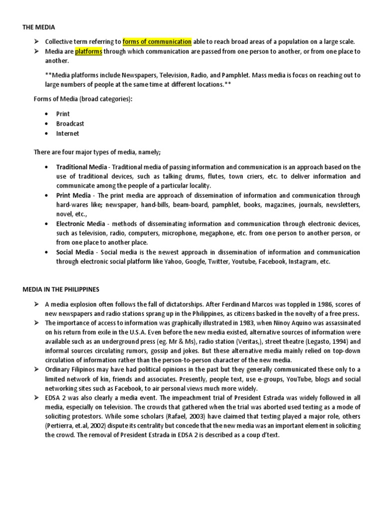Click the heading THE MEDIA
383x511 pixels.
(x=38, y=27)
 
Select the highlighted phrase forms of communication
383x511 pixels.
(x=157, y=41)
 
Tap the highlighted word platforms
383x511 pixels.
(x=89, y=51)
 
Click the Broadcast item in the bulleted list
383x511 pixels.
(x=70, y=123)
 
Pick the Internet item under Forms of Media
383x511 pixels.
(x=67, y=133)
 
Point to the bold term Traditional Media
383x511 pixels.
(x=81, y=167)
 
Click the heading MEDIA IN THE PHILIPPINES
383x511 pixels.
(x=61, y=289)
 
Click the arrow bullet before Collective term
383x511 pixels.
(x=36, y=42)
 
